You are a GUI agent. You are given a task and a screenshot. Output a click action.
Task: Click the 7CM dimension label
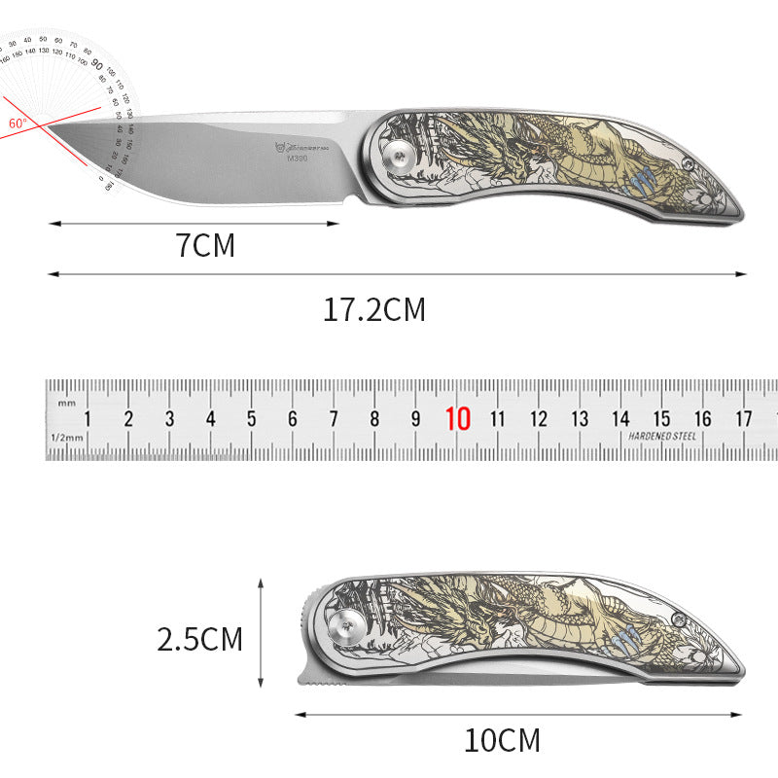[x=205, y=245]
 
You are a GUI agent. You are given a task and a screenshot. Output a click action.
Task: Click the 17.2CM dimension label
[x=374, y=310]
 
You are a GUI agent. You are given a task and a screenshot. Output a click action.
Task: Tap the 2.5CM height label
[x=199, y=639]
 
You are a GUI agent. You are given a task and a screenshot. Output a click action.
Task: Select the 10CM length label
[x=502, y=741]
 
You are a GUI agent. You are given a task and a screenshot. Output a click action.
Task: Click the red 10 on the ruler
[x=457, y=419]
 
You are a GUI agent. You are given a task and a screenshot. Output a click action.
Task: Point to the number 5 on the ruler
[x=251, y=419]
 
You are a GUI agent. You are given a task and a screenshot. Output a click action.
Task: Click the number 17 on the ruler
[x=743, y=419]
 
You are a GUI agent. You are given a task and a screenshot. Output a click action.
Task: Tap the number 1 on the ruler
[x=88, y=419]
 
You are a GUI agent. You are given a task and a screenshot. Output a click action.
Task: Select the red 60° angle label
[x=18, y=124]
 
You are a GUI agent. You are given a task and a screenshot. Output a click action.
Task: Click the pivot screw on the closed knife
[x=345, y=625]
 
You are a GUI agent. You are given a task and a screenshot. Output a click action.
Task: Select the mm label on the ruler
[x=65, y=402]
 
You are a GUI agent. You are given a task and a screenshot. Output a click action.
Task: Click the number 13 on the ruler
[x=580, y=419]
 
